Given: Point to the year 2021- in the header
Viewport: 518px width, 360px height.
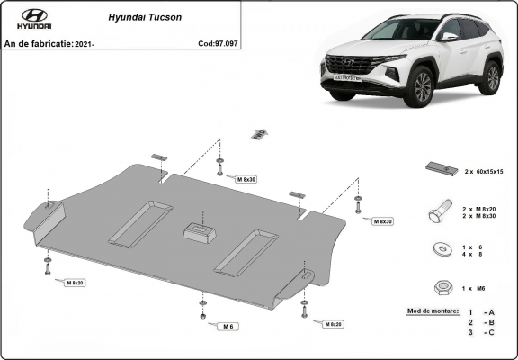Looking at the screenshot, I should click(x=82, y=43).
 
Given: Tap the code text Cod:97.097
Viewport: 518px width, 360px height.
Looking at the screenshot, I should click(x=219, y=43).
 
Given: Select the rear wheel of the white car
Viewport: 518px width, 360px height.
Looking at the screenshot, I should click(x=491, y=78).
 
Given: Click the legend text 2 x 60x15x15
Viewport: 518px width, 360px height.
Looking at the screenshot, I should click(x=483, y=170).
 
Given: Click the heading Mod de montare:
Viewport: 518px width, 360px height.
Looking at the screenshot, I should click(x=433, y=310).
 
